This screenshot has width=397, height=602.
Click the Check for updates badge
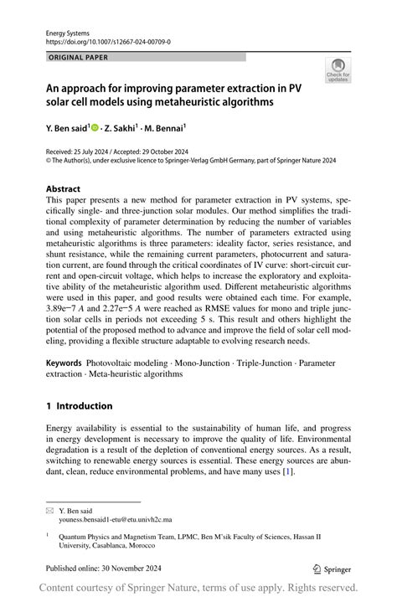(x=338, y=70)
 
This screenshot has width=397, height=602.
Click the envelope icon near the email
(x=50, y=509)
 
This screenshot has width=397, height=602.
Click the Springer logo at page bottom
(x=332, y=568)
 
